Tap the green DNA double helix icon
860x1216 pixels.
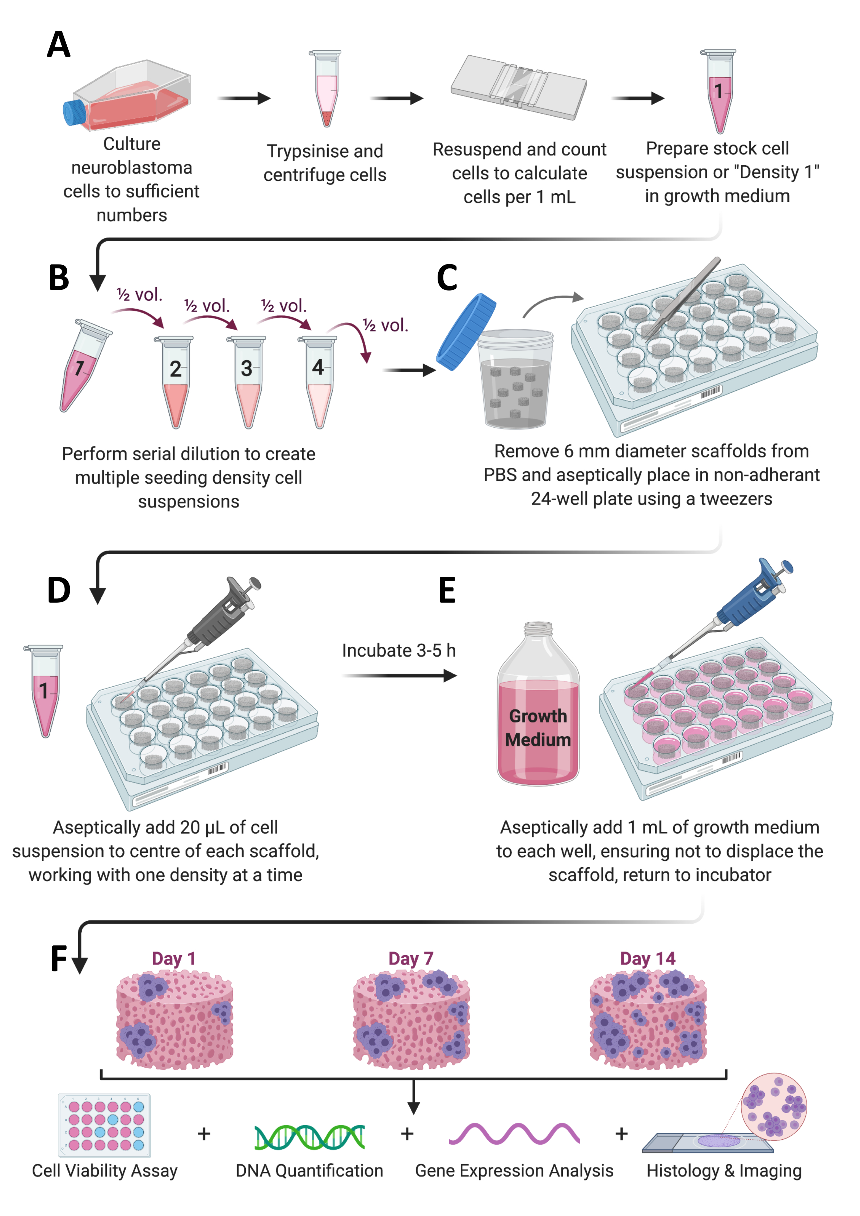pyautogui.click(x=309, y=1136)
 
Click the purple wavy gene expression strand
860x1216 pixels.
pyautogui.click(x=514, y=1134)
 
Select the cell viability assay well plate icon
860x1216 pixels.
pyautogui.click(x=104, y=1125)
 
